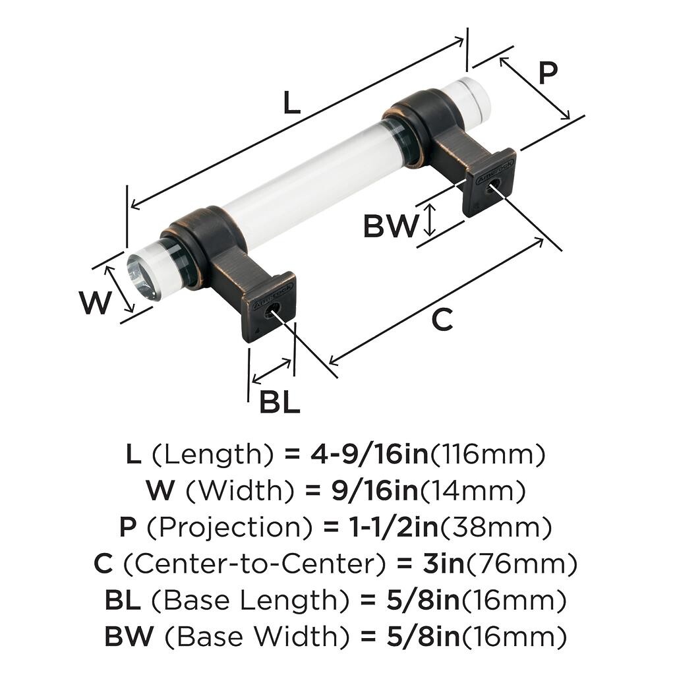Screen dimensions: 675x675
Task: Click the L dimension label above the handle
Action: coord(291,103)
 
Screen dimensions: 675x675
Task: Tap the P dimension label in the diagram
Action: coord(547,73)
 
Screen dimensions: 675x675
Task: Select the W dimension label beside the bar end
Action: coord(95,304)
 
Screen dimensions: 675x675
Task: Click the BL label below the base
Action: coord(279,402)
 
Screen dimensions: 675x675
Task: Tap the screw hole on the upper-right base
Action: coord(488,189)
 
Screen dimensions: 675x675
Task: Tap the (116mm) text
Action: coord(488,454)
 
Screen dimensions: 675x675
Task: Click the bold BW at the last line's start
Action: coord(129,637)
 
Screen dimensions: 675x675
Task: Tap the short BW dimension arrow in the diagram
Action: coord(430,220)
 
